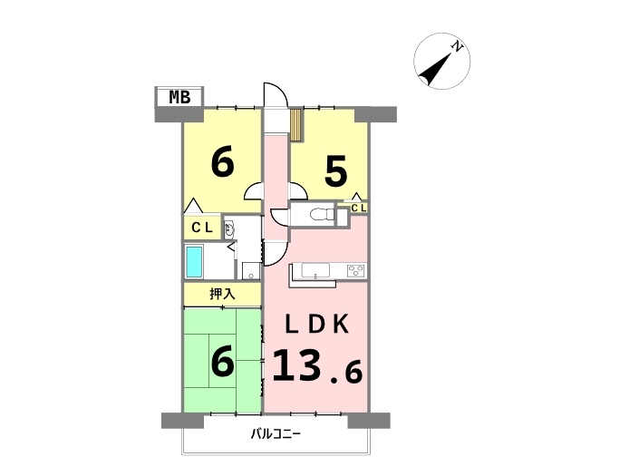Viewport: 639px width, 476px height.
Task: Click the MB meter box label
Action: tap(179, 97)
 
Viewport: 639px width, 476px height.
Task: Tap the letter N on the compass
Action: tap(458, 46)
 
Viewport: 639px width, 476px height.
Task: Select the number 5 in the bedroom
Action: tap(335, 171)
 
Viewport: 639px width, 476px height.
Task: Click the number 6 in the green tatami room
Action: tap(222, 361)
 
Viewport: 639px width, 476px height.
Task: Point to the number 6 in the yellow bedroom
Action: tap(222, 161)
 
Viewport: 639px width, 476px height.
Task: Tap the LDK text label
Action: tap(316, 325)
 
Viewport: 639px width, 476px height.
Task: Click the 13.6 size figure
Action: tap(316, 366)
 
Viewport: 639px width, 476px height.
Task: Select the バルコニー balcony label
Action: tap(276, 434)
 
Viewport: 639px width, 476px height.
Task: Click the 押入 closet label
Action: tap(222, 294)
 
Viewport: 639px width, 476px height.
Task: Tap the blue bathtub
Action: tap(194, 262)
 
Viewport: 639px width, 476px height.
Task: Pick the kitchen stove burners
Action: tap(356, 270)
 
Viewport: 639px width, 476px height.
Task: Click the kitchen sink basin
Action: tap(315, 270)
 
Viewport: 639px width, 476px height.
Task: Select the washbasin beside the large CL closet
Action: tap(228, 230)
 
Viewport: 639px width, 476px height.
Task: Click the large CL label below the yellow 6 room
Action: tap(202, 228)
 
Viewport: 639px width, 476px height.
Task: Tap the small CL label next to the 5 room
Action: tap(359, 209)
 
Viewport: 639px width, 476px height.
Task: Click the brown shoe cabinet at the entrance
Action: tap(295, 125)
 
